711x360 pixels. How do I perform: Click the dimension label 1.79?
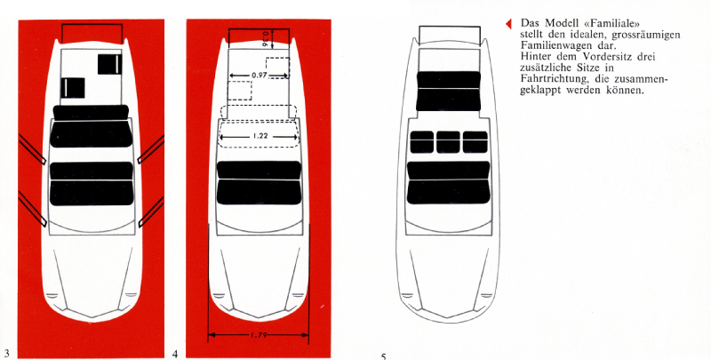click(258, 335)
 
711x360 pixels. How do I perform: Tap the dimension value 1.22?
click(260, 136)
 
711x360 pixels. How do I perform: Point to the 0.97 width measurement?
click(259, 76)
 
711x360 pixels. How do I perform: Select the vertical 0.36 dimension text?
click(265, 38)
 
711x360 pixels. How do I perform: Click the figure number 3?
click(6, 354)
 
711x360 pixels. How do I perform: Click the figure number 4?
click(175, 354)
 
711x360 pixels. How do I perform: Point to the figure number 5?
click(384, 356)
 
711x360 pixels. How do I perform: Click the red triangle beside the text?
click(508, 24)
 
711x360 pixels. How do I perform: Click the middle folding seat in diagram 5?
click(448, 142)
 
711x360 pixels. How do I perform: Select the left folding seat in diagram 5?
click(421, 142)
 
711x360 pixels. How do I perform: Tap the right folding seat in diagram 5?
click(475, 142)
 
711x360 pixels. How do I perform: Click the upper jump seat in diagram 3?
click(110, 64)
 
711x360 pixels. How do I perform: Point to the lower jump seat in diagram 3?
click(73, 87)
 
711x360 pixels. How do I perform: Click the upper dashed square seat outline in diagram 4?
click(277, 68)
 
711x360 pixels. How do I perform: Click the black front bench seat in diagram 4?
click(259, 183)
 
